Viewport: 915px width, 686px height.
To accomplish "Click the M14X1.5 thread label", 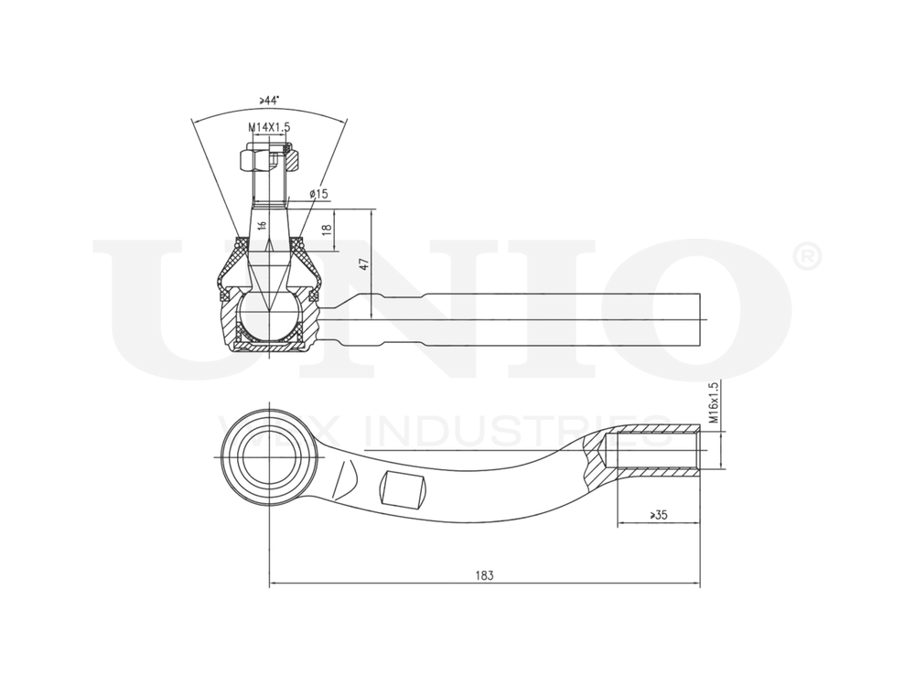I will pos(268,127).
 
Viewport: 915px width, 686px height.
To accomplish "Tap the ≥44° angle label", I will pos(269,99).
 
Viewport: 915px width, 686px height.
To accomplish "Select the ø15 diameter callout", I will pos(318,194).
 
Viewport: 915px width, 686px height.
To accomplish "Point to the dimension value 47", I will pos(363,263).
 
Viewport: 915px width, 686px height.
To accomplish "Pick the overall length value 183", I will pos(484,575).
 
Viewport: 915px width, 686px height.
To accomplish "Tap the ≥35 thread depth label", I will pos(658,515).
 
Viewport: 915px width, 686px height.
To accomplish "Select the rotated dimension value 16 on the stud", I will pos(263,225).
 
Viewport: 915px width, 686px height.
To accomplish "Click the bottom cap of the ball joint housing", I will pos(270,347).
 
